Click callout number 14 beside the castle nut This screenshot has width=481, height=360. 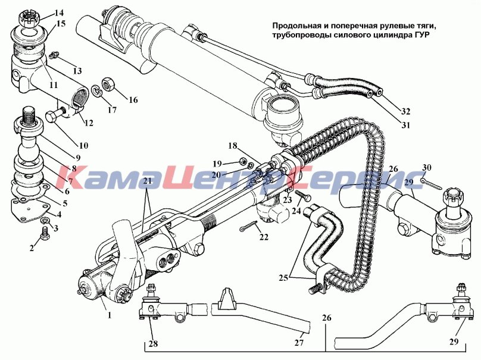pyautogui.click(x=59, y=13)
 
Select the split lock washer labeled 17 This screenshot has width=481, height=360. pyautogui.click(x=98, y=90)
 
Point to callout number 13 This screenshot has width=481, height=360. pyautogui.click(x=77, y=71)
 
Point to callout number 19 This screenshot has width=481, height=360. pyautogui.click(x=218, y=164)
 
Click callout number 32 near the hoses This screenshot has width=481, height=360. pyautogui.click(x=405, y=111)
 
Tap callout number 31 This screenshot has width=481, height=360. pyautogui.click(x=405, y=125)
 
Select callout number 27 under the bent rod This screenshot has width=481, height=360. pyautogui.click(x=299, y=343)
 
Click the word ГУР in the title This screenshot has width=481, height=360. pyautogui.click(x=421, y=35)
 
